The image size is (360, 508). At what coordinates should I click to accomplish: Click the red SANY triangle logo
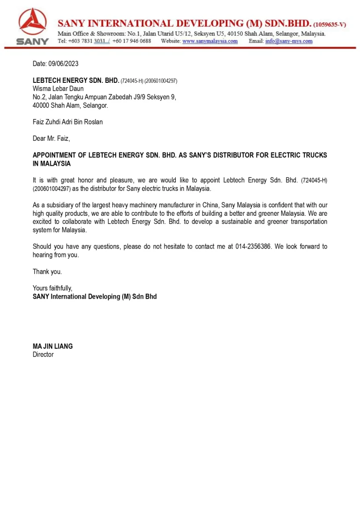(32, 22)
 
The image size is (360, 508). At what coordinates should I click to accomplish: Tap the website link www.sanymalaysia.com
(210, 41)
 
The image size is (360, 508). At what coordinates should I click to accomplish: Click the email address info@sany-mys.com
(289, 41)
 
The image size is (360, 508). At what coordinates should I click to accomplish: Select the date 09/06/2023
(63, 64)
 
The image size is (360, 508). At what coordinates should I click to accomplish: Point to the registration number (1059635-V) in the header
(330, 24)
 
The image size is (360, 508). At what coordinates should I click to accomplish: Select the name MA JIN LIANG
(53, 346)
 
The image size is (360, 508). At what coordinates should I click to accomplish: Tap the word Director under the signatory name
(43, 355)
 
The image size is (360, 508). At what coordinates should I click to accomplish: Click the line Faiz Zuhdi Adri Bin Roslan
(68, 122)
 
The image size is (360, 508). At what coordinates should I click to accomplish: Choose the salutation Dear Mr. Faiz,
(51, 138)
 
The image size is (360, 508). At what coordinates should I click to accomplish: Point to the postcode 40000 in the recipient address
(41, 105)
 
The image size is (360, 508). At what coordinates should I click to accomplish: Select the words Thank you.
(47, 271)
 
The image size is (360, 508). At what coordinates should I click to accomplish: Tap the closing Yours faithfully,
(53, 288)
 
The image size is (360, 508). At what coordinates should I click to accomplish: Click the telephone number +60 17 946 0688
(132, 41)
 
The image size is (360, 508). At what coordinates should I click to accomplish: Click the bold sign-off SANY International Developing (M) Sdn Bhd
(94, 297)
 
